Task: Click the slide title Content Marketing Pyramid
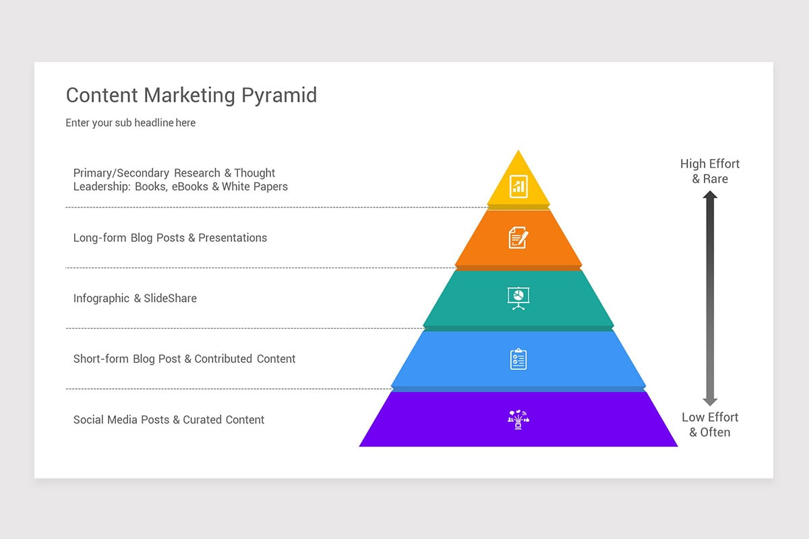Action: [191, 95]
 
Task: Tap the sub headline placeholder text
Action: [130, 123]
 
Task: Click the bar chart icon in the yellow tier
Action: [518, 186]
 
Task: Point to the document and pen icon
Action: [518, 237]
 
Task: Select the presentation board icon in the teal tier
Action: [518, 298]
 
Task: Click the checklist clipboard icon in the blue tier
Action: [518, 358]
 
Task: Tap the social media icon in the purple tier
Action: [518, 419]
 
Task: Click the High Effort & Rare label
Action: [709, 171]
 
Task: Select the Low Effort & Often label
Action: [709, 424]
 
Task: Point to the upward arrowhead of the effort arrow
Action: [710, 195]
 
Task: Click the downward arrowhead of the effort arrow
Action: [710, 401]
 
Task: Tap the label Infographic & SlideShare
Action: [135, 298]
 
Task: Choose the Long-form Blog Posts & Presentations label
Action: [170, 238]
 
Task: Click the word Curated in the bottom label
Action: [202, 420]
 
